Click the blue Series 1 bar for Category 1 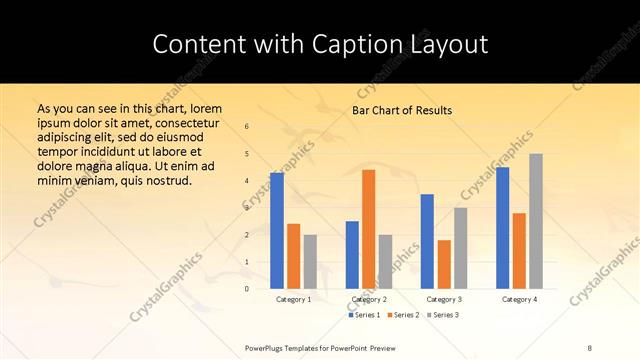[x=276, y=231]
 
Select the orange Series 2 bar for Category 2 [x=368, y=229]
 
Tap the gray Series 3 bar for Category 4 [x=536, y=221]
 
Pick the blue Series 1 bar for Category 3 [x=427, y=241]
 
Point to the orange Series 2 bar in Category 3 [x=444, y=264]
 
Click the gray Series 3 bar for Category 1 [x=310, y=262]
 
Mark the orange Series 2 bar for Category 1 [x=293, y=256]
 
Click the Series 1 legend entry [x=365, y=315]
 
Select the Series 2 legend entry [x=403, y=315]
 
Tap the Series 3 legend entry [x=443, y=315]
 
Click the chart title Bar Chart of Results [x=402, y=110]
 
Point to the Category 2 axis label [x=368, y=299]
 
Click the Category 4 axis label [x=519, y=299]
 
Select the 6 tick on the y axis [x=247, y=126]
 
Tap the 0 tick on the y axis [x=247, y=288]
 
